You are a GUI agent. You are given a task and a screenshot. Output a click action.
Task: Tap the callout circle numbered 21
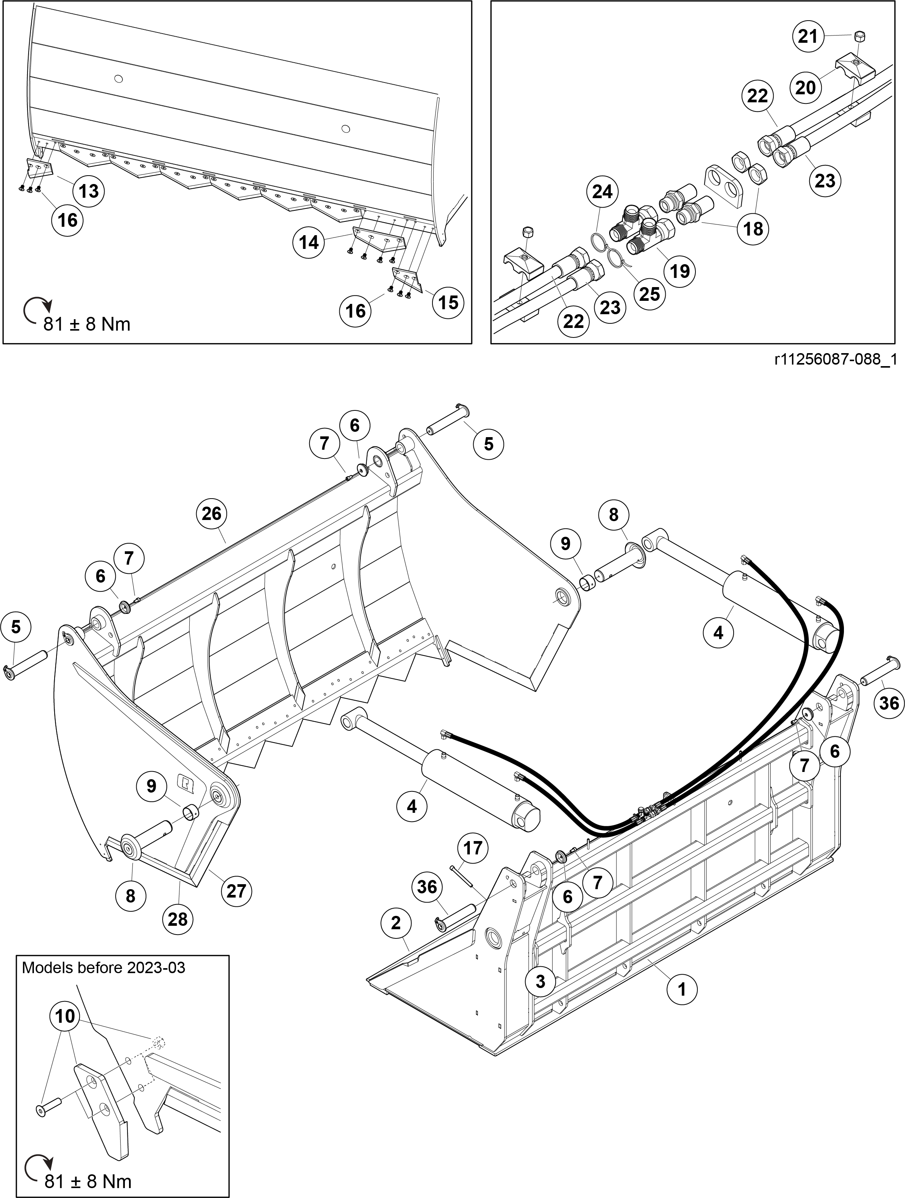[808, 37]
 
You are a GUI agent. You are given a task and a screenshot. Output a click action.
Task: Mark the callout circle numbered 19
[680, 271]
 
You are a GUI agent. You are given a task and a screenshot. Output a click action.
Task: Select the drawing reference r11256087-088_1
[836, 360]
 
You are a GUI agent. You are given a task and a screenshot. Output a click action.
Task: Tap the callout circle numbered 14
[309, 243]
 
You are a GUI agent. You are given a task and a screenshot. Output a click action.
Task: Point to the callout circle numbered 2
[396, 923]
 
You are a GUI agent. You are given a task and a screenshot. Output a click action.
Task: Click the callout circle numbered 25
[649, 294]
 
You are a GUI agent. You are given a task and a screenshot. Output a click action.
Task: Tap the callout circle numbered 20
[806, 87]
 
